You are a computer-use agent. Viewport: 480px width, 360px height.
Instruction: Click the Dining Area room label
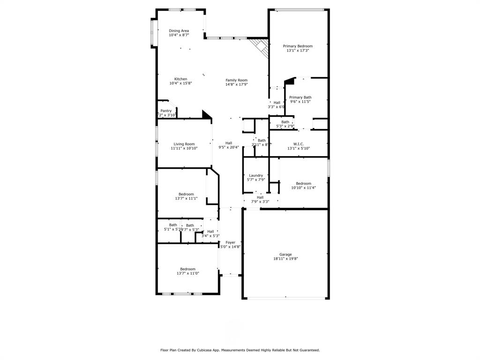click(179, 31)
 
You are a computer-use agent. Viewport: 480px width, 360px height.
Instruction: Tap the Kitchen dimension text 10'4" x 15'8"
click(180, 83)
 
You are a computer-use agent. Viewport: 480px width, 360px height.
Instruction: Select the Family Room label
click(236, 80)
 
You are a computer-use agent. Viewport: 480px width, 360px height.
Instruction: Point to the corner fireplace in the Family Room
click(259, 46)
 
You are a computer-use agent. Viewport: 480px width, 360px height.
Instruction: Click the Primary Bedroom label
click(297, 46)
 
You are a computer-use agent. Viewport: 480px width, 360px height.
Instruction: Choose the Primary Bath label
click(300, 97)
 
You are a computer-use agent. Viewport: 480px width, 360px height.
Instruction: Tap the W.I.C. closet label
click(299, 144)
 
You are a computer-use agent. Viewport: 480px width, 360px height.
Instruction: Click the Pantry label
click(166, 111)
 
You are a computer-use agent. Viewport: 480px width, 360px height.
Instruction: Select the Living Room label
click(184, 144)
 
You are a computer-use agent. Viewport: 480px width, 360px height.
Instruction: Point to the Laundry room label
click(256, 175)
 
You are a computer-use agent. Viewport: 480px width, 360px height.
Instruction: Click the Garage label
click(285, 254)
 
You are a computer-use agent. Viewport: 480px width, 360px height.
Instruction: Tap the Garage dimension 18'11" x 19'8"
click(285, 259)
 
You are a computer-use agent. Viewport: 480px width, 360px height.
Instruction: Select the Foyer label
click(230, 242)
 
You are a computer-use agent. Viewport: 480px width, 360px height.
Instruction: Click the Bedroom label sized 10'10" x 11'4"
click(303, 183)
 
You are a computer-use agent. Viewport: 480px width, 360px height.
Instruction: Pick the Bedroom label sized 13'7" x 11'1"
click(186, 194)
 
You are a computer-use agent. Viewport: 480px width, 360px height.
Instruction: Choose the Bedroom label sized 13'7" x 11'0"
click(186, 269)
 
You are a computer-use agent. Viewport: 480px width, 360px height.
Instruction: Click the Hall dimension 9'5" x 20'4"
click(229, 147)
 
